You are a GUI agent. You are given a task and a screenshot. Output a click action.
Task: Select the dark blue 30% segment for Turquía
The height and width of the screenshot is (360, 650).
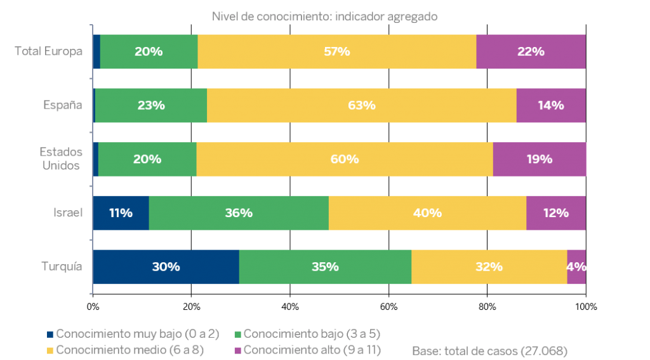pyautogui.click(x=166, y=267)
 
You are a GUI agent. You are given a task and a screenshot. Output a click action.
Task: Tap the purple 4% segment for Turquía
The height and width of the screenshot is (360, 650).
pyautogui.click(x=576, y=267)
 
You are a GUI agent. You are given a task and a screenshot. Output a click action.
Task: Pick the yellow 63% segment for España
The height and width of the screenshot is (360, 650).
pyautogui.click(x=361, y=105)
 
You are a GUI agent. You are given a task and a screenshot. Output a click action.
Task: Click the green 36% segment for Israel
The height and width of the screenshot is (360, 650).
pyautogui.click(x=239, y=213)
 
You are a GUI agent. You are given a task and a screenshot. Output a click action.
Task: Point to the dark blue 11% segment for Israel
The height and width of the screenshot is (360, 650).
pyautogui.click(x=121, y=213)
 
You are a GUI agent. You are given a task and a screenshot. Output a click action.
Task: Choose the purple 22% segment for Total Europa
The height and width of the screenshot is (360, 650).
pyautogui.click(x=531, y=51)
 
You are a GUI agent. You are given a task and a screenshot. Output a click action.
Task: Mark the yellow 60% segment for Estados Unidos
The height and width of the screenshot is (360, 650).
pyautogui.click(x=345, y=159)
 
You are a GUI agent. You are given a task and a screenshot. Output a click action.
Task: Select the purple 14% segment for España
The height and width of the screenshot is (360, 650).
pyautogui.click(x=550, y=105)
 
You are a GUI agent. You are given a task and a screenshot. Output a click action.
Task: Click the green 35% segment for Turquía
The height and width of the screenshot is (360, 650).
pyautogui.click(x=325, y=267)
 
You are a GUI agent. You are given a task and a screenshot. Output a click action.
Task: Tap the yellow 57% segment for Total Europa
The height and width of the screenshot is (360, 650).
pyautogui.click(x=336, y=51)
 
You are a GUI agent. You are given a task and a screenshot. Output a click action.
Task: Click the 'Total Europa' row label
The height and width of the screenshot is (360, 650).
pyautogui.click(x=49, y=51)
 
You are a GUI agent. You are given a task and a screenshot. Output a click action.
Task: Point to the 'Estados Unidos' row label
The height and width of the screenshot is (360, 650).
pyautogui.click(x=61, y=159)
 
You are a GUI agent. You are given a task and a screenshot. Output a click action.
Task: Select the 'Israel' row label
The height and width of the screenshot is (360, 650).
pyautogui.click(x=68, y=213)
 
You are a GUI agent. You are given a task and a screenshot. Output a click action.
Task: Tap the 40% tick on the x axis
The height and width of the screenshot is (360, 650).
pyautogui.click(x=289, y=307)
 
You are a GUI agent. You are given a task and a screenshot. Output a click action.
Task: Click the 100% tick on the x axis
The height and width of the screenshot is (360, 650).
pyautogui.click(x=585, y=307)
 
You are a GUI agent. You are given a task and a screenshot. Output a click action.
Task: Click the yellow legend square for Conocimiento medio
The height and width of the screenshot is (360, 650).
pyautogui.click(x=50, y=350)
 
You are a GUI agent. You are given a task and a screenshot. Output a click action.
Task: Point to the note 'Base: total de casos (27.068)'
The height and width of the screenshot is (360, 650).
pyautogui.click(x=489, y=350)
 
